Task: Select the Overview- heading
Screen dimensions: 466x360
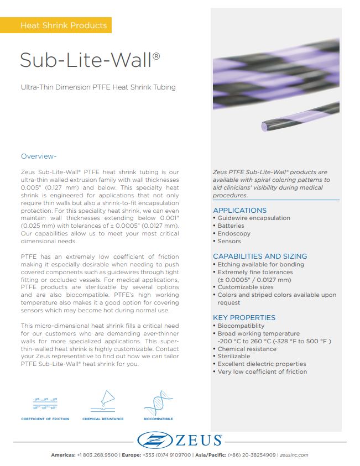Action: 39,156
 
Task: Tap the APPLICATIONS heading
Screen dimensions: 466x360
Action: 239,210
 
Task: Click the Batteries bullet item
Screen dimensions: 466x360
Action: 230,226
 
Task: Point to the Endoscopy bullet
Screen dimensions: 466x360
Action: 233,233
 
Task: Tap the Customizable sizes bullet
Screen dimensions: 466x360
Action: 245,287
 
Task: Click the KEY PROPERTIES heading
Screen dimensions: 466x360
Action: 244,317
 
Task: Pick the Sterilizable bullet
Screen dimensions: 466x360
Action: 233,357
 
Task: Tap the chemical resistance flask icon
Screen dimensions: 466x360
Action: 102,402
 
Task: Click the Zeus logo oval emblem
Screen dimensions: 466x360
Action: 153,441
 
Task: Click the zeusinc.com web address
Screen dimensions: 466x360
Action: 294,455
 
